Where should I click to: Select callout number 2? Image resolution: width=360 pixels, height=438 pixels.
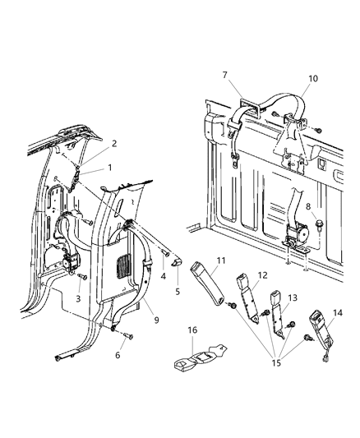114,143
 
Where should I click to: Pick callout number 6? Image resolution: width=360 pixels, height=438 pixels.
118,355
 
